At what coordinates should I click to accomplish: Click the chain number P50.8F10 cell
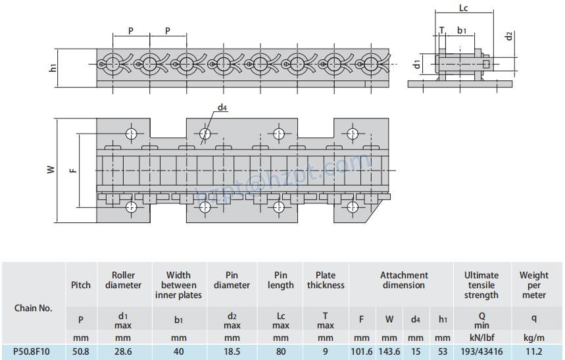click(x=32, y=351)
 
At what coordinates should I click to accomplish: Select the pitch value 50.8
click(x=81, y=351)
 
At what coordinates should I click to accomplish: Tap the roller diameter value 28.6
click(x=124, y=351)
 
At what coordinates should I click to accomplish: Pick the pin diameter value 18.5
click(x=232, y=351)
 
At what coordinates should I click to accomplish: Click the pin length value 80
click(x=281, y=351)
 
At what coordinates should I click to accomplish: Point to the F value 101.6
click(x=362, y=351)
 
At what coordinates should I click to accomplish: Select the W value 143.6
click(x=389, y=351)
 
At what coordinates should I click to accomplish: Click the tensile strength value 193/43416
click(x=481, y=351)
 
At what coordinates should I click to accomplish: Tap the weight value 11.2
click(x=534, y=351)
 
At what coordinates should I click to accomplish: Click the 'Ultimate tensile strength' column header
click(x=481, y=285)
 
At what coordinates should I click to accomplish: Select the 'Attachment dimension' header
click(x=403, y=280)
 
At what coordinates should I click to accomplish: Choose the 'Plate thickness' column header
click(x=326, y=280)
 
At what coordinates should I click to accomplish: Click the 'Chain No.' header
click(x=32, y=308)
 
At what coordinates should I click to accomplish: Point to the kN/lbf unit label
click(x=481, y=336)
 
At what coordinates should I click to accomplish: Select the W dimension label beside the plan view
click(x=50, y=169)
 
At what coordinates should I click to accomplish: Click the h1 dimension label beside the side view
click(x=53, y=66)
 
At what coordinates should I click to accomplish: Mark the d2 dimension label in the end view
click(x=509, y=35)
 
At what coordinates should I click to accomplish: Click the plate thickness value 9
click(x=326, y=351)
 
